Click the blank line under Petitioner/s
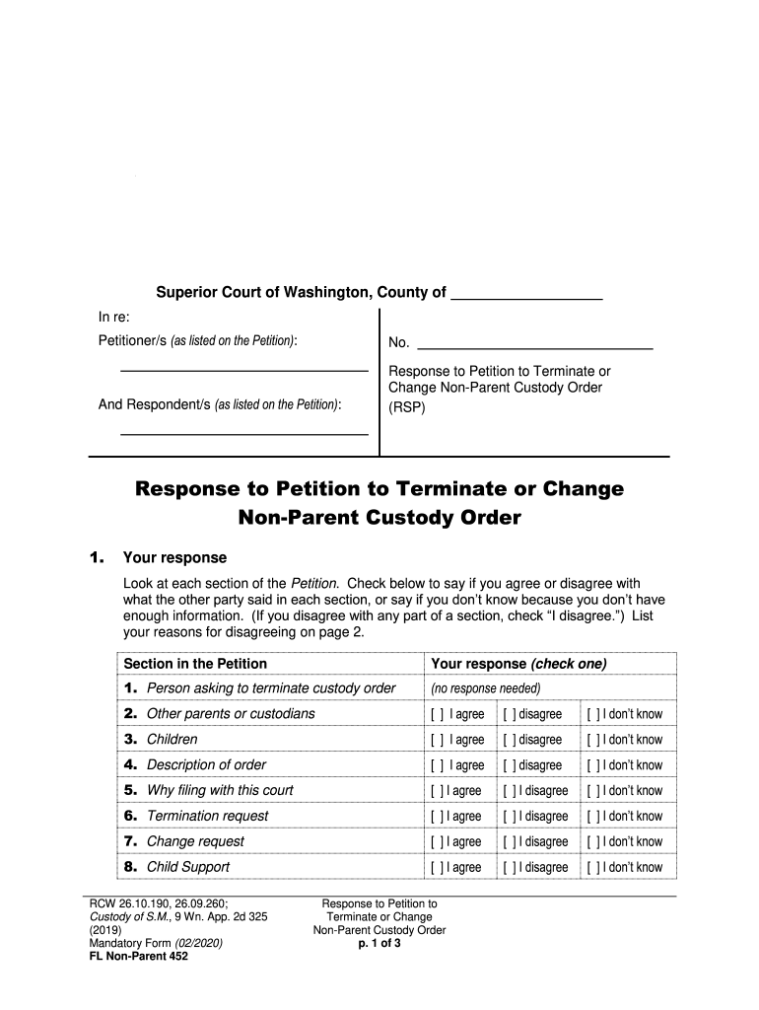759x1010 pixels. coord(243,369)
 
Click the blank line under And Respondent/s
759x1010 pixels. coord(243,432)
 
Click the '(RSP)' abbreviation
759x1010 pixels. coord(407,404)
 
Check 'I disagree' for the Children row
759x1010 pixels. coord(510,740)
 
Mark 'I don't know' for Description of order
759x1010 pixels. coord(593,765)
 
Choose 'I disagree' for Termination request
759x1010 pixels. coord(510,817)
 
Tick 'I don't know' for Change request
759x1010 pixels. coord(593,842)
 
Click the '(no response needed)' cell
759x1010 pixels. coord(485,688)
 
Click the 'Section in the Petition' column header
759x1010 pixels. coord(195,664)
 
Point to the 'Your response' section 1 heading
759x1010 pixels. coord(173,558)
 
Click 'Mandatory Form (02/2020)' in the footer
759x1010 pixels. coord(156,943)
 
